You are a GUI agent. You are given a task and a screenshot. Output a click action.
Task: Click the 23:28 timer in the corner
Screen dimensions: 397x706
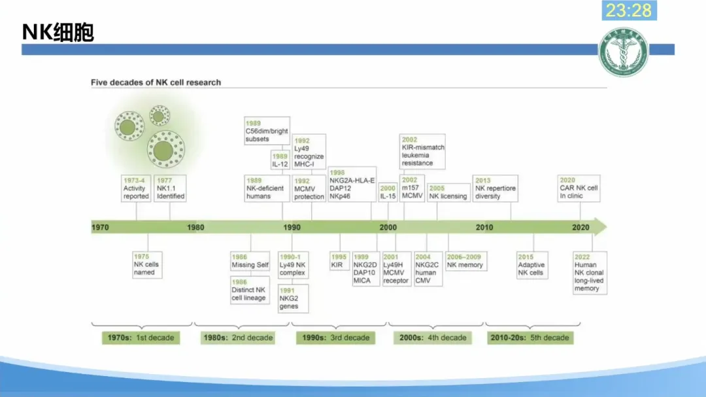click(629, 10)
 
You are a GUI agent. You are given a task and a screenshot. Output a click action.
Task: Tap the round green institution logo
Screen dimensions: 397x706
click(624, 52)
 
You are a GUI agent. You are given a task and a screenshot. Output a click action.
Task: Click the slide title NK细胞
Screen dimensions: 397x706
click(58, 32)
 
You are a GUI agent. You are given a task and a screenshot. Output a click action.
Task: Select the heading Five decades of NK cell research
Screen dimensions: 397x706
click(156, 82)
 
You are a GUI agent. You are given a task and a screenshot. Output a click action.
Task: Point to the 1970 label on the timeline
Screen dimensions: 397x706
click(100, 227)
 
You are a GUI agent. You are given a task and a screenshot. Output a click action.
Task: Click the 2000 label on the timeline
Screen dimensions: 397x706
click(388, 227)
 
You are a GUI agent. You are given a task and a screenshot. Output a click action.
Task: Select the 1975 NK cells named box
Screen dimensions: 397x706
click(146, 265)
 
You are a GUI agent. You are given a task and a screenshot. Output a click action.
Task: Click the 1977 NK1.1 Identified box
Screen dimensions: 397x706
click(170, 188)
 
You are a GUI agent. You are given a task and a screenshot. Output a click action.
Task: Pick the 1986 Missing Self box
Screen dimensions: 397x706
click(250, 261)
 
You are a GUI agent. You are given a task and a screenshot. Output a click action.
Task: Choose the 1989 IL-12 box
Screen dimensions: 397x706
click(280, 160)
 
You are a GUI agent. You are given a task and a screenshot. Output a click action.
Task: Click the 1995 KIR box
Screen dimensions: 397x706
click(339, 261)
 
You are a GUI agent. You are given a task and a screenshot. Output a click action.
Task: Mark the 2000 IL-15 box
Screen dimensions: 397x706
click(388, 192)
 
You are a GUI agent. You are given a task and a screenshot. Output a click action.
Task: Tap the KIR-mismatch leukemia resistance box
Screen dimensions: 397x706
click(422, 151)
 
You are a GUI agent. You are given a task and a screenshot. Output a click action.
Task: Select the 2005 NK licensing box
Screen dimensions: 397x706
click(448, 192)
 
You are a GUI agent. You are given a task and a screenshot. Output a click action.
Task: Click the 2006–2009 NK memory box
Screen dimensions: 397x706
click(465, 261)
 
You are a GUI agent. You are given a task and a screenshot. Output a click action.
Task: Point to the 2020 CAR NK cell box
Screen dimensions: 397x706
click(578, 188)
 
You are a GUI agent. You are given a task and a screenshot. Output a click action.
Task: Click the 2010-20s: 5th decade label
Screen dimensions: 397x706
click(529, 338)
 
